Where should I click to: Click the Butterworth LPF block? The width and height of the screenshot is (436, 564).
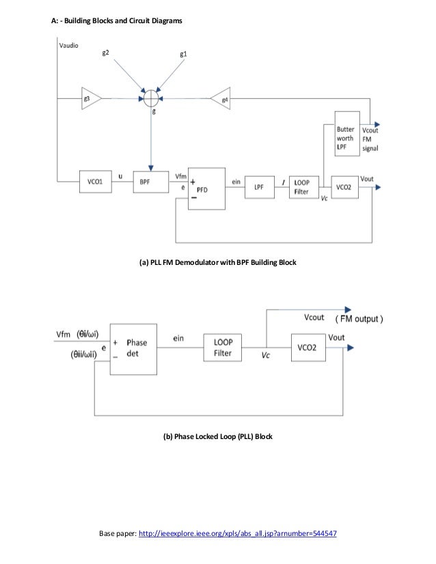pos(346,133)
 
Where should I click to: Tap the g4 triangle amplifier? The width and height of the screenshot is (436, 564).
pos(220,98)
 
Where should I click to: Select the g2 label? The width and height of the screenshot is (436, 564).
pos(107,53)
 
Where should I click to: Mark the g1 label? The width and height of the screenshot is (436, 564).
pos(183,53)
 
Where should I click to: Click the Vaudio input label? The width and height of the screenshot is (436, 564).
pos(68,46)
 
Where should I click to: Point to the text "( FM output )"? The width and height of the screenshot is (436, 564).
pos(359,319)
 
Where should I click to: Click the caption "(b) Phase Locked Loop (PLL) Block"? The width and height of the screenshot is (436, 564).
pos(217,436)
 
